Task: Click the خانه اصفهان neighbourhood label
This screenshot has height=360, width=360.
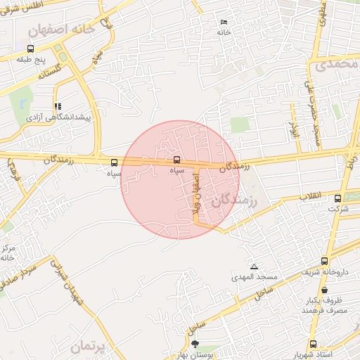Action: (x=60, y=31)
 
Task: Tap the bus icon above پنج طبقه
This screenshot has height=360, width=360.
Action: (x=30, y=49)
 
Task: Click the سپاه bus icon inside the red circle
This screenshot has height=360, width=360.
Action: (x=176, y=159)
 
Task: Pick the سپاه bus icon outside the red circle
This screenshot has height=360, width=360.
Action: (x=115, y=162)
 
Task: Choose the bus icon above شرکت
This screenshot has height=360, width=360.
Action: (x=338, y=198)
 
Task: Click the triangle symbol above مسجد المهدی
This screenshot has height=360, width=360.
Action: (x=254, y=267)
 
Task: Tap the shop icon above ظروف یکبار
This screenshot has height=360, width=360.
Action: (x=324, y=289)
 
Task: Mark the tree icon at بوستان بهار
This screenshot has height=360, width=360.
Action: (x=195, y=345)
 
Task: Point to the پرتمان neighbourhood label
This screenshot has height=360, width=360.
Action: (x=92, y=347)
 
